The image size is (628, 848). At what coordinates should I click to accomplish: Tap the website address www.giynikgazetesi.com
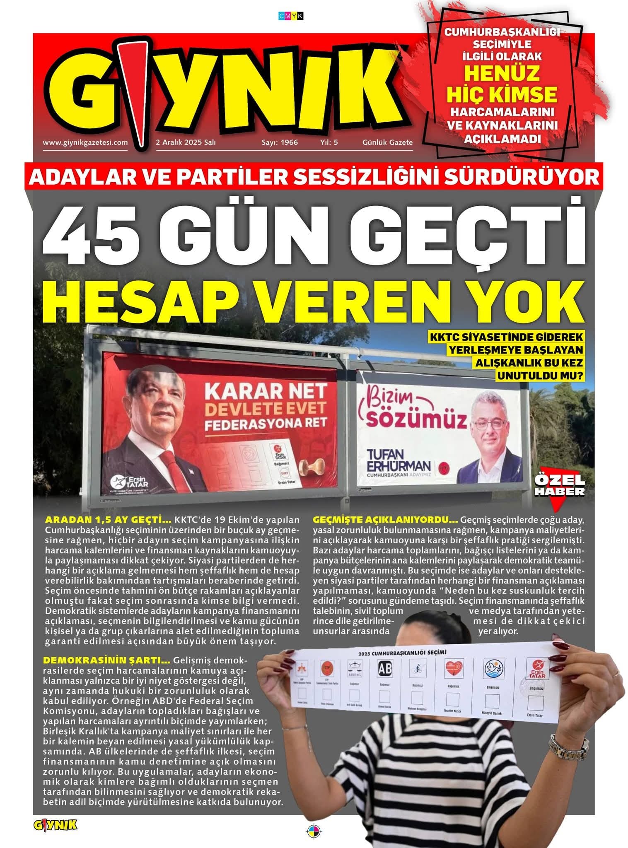tap(85, 142)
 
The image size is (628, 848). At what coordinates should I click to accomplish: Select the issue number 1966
tap(289, 142)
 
